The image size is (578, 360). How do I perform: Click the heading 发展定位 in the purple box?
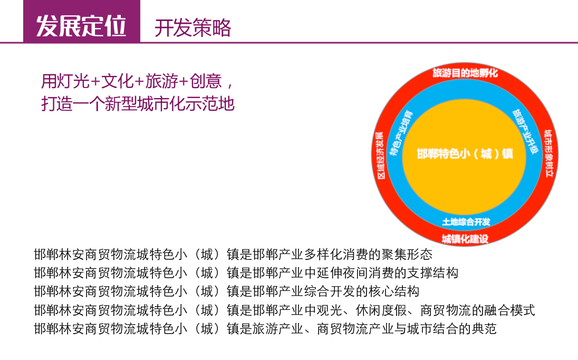point(81,26)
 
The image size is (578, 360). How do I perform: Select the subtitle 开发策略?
point(193,28)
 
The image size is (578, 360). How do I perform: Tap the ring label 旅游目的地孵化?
point(465,73)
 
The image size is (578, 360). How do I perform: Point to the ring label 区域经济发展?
point(380,155)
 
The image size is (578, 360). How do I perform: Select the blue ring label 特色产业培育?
point(401,133)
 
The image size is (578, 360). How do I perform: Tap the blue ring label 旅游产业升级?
point(525,131)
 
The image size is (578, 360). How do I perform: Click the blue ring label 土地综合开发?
point(466,222)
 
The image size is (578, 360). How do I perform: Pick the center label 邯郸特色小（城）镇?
point(465,153)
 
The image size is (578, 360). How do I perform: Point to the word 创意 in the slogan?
point(206,81)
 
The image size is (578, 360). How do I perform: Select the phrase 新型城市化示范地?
point(170,103)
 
